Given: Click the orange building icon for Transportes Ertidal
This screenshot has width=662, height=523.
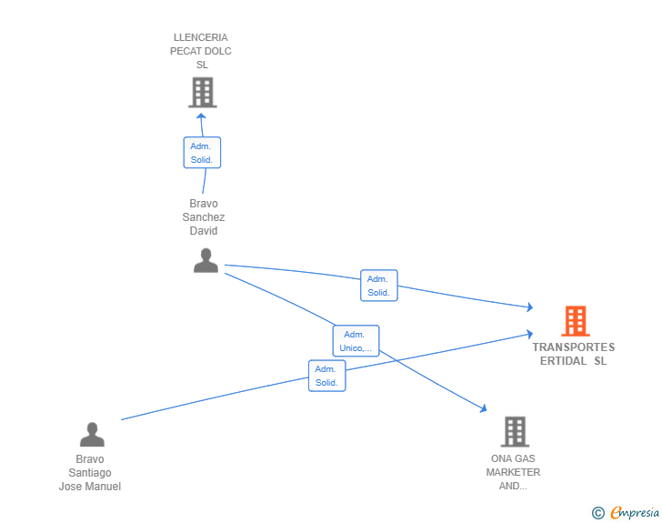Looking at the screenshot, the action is click(576, 321).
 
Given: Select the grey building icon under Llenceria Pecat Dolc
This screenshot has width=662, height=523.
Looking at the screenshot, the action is click(203, 93).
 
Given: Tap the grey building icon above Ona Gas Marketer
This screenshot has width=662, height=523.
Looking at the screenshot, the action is click(515, 432).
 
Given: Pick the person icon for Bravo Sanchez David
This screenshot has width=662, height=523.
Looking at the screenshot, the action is click(206, 261).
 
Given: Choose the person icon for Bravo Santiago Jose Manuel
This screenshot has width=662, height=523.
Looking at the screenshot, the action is click(92, 434).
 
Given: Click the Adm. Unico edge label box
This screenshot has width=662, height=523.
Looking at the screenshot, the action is click(356, 341).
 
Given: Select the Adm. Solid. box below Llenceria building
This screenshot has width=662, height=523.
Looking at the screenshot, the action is click(202, 153).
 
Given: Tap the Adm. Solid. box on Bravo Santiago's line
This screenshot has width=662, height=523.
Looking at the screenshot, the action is click(326, 376).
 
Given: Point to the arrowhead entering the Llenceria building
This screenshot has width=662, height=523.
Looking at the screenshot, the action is click(201, 116).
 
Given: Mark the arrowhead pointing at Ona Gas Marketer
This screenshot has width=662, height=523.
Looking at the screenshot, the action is click(484, 408).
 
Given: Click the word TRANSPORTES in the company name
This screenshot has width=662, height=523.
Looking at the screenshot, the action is click(573, 347).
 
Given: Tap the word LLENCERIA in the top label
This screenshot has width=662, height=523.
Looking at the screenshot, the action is click(201, 37).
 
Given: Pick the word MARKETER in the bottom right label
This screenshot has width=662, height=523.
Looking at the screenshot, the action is click(513, 472).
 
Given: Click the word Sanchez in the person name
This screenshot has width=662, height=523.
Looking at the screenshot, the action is click(204, 217).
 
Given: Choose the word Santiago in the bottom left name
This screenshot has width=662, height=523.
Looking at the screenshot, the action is click(90, 473).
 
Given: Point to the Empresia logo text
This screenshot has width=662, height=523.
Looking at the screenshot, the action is click(635, 512).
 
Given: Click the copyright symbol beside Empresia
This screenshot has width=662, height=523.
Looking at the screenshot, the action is click(598, 513).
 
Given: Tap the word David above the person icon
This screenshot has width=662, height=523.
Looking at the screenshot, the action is click(204, 231).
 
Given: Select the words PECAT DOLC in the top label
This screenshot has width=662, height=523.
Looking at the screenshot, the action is click(201, 51).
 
